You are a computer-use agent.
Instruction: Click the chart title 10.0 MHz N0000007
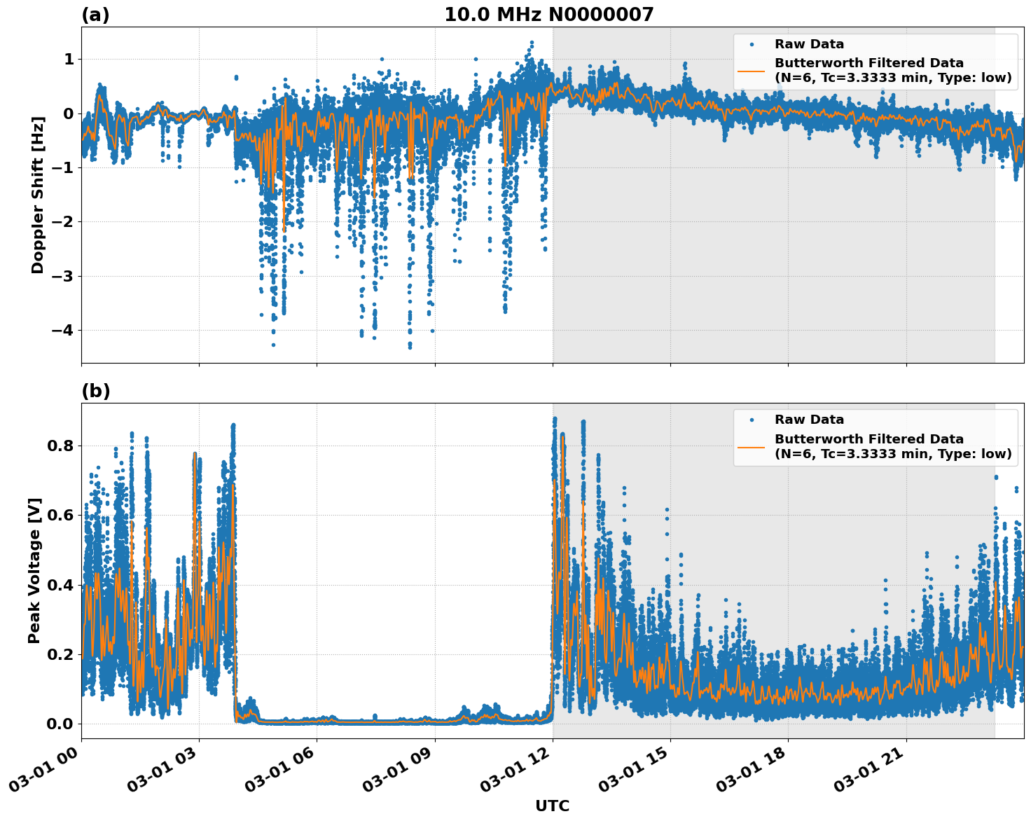click(548, 15)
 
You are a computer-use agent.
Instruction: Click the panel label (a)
click(95, 15)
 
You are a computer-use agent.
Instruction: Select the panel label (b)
click(95, 391)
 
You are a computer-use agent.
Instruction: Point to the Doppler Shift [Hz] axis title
click(38, 195)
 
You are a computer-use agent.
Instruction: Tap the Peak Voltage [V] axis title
click(34, 570)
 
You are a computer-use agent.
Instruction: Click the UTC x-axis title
click(552, 806)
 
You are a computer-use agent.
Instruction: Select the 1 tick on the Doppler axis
click(69, 60)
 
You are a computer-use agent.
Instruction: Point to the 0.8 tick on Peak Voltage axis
click(60, 446)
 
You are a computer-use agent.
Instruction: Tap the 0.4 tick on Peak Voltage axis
click(60, 585)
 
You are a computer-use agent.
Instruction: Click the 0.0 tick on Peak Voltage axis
click(60, 724)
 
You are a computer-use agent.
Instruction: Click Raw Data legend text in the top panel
click(809, 44)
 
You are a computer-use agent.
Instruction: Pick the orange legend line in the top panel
click(752, 70)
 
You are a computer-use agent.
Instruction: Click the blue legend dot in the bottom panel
click(752, 420)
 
